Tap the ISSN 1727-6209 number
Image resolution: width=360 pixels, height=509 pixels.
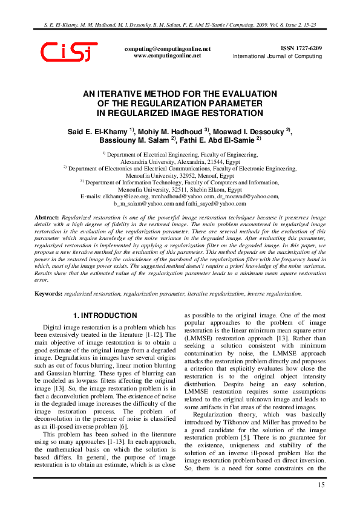(301, 48)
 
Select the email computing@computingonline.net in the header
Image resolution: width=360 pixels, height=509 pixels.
(168, 48)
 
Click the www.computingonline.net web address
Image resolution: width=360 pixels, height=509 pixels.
(167, 55)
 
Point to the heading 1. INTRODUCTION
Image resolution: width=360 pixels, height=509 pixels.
(105, 316)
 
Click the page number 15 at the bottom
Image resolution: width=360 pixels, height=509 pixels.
(321, 485)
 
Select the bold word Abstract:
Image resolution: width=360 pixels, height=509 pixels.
(47, 216)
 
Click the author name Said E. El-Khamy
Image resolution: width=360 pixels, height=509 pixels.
(97, 131)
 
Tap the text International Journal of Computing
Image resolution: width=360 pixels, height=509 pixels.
(278, 56)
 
